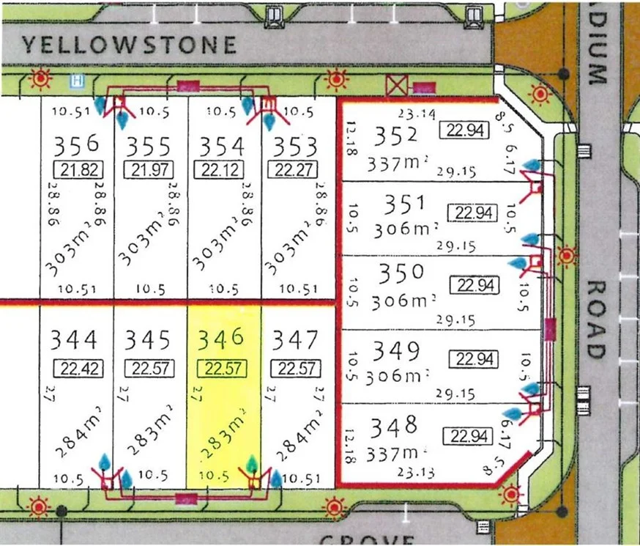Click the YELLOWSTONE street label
129,45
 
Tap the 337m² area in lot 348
401,449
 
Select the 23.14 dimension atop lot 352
416,114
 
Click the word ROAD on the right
596,320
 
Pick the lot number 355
148,146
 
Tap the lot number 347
295,340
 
